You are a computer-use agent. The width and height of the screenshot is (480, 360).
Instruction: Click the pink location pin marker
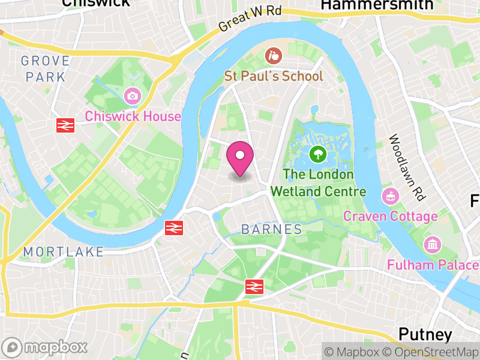(x=240, y=158)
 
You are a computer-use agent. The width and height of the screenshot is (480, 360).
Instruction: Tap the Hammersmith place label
(x=377, y=5)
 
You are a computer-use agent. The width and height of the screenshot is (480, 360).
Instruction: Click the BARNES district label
(x=272, y=229)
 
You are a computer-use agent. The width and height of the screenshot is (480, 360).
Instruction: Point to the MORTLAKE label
(x=64, y=251)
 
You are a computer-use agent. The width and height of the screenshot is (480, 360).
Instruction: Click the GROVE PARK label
(x=45, y=68)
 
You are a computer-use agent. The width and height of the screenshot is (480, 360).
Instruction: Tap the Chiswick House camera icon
(x=132, y=95)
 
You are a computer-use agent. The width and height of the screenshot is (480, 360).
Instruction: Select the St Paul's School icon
(x=273, y=57)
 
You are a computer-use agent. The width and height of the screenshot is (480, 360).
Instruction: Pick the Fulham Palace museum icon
(x=432, y=244)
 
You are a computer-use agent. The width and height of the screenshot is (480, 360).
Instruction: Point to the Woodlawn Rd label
(x=407, y=168)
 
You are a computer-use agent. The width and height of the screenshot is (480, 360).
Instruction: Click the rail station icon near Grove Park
(x=65, y=125)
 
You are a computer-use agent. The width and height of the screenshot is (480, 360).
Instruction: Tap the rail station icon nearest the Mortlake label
(x=174, y=227)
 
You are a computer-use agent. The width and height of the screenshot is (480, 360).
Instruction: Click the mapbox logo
(x=45, y=347)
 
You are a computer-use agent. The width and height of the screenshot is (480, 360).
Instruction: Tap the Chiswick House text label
(x=133, y=116)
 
